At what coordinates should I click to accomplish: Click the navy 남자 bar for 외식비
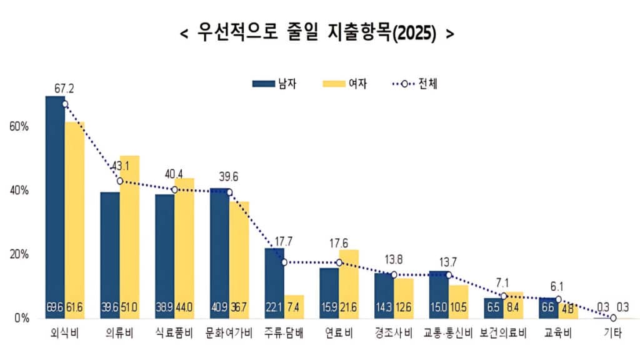point(55,206)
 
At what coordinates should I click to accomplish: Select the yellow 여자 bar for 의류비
point(129,237)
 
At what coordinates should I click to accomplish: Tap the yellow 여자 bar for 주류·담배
point(294,306)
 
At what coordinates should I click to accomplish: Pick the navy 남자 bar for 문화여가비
point(219,250)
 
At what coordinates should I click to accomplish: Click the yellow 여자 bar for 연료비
point(349,281)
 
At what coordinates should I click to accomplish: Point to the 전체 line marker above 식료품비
point(175,189)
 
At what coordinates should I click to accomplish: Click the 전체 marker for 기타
point(613,317)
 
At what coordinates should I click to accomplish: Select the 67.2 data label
point(64,89)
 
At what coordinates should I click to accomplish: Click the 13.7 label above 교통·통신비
point(449,260)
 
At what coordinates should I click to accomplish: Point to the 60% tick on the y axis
point(19,126)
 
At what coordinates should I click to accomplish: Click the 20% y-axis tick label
point(19,254)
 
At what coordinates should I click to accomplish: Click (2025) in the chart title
point(412,33)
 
